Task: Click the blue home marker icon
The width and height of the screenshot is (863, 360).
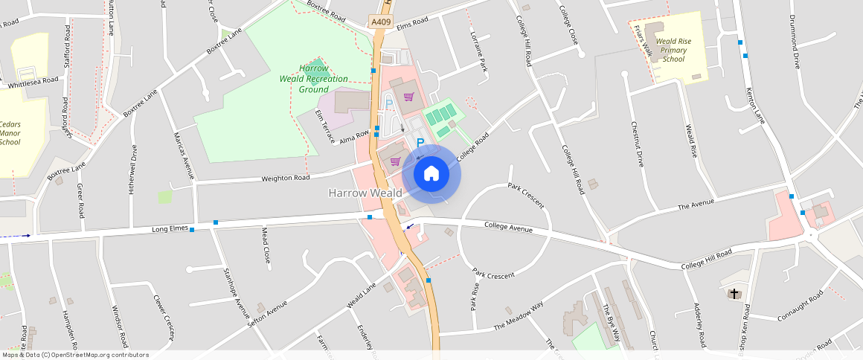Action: coord(431,174)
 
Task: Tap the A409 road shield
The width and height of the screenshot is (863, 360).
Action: coord(381,22)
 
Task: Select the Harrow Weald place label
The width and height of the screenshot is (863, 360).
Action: coord(365,193)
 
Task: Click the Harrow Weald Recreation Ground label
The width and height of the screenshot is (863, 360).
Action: coord(313,79)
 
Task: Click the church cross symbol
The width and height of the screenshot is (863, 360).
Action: coord(734,294)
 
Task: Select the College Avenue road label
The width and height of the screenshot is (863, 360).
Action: coord(509,226)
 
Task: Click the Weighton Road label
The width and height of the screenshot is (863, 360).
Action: coord(285,179)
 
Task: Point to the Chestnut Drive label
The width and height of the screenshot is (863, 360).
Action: coord(637,144)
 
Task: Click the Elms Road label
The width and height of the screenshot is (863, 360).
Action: coord(413,22)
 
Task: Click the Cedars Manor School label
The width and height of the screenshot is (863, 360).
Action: coord(10,133)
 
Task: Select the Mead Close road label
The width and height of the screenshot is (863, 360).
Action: coord(266,245)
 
